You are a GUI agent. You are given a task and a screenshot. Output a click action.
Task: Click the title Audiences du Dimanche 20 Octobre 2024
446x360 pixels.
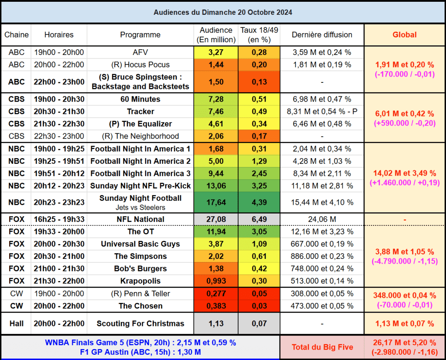coord(223,12)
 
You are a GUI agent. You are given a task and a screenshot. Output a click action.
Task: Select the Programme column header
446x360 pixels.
coord(140,35)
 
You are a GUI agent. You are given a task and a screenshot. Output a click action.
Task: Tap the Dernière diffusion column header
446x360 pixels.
coord(322,35)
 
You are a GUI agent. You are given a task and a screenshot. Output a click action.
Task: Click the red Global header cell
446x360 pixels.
coord(405,35)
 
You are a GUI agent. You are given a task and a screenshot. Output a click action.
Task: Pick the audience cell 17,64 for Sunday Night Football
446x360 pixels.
coord(216,202)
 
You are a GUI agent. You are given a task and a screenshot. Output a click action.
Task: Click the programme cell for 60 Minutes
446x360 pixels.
coord(140,99)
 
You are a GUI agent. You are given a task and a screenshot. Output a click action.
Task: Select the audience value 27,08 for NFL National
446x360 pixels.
coord(216,219)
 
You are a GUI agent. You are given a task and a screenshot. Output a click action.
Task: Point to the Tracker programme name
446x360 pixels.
coord(140,112)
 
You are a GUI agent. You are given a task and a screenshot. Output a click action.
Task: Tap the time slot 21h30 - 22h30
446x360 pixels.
coord(59,124)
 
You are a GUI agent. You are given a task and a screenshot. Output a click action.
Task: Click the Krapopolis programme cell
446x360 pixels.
coord(140,281)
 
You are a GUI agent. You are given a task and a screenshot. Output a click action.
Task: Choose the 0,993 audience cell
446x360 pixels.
coord(216,281)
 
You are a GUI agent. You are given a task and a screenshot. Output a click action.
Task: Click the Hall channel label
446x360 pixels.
coord(17,323)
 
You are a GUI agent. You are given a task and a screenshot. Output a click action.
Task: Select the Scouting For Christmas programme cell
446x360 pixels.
coord(140,323)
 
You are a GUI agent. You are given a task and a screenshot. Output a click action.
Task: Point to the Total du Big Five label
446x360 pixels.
coord(322,347)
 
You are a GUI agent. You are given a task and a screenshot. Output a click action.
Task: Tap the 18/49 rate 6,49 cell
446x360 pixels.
coord(259,219)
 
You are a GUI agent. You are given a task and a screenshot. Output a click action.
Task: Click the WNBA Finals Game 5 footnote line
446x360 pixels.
coord(140,343)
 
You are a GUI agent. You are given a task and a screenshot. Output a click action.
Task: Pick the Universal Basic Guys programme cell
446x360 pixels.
coord(140,244)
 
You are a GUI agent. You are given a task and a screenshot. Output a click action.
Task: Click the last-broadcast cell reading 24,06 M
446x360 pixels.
coord(322,219)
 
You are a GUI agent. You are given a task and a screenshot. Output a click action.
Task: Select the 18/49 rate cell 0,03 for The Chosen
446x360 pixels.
coord(259,306)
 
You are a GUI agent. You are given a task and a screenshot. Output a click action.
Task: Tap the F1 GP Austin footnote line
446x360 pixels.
coord(140,352)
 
